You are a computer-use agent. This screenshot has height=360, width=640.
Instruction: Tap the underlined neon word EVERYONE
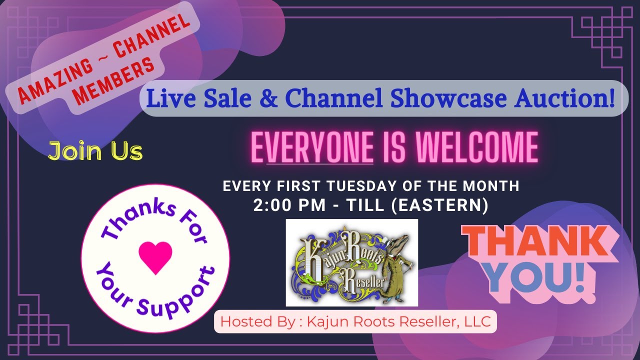(x=312, y=147)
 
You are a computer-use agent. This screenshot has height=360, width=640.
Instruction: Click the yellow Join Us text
(x=95, y=151)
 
